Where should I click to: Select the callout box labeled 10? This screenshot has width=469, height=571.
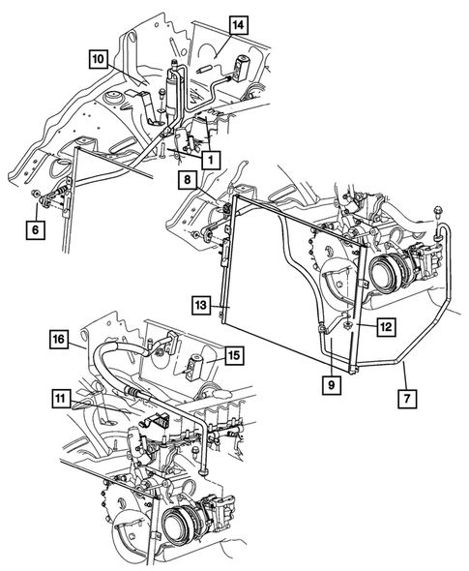[97, 59]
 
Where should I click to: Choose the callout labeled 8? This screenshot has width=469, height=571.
[184, 180]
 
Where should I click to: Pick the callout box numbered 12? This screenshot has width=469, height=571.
[383, 328]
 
